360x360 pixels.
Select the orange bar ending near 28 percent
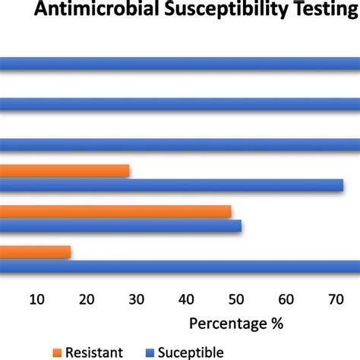65,171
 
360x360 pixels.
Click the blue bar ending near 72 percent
172,185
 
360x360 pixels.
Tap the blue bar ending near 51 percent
121,226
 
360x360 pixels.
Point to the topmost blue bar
180,65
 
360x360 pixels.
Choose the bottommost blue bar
180,266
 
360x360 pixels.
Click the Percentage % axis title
235,325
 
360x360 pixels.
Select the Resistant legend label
93,351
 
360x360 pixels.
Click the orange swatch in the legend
57,352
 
